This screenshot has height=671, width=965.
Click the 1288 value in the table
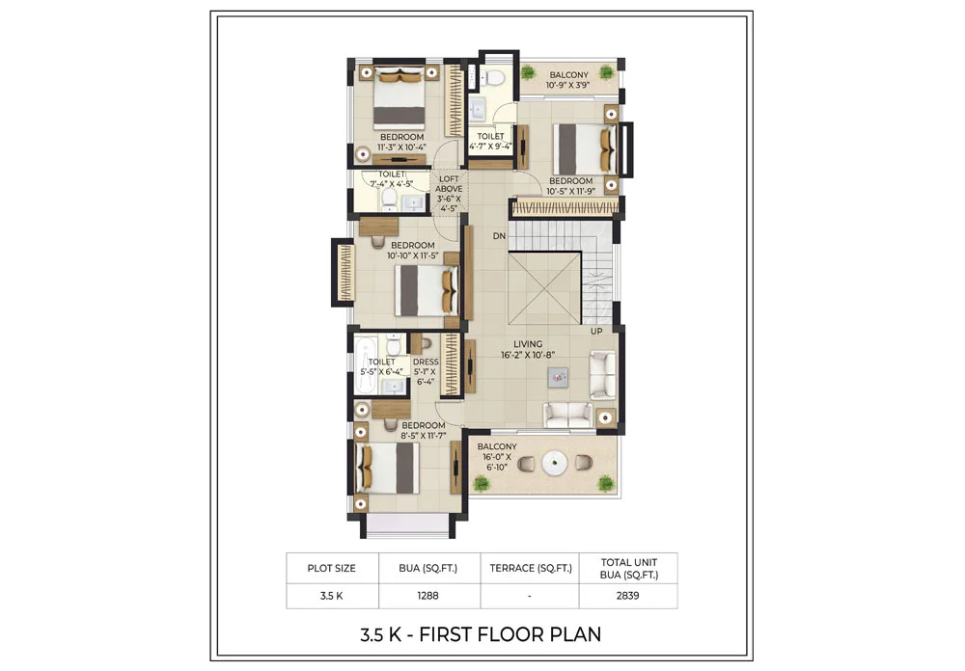428,596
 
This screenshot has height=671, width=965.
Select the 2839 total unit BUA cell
628,596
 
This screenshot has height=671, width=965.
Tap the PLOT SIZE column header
331,568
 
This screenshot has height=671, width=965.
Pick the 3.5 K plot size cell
331,596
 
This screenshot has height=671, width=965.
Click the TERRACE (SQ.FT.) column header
530,568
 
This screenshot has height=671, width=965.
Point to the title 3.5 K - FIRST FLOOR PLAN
480,633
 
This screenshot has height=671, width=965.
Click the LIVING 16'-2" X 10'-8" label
528,349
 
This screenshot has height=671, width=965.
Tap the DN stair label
499,236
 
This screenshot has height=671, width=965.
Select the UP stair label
597,331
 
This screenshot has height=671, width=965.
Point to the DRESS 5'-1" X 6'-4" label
426,371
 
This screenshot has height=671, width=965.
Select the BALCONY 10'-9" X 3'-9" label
568,80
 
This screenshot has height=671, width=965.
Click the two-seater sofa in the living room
568,415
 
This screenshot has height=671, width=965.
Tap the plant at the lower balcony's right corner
605,481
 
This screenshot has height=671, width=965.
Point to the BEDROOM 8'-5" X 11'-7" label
424,431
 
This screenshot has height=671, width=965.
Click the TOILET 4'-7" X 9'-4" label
490,142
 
